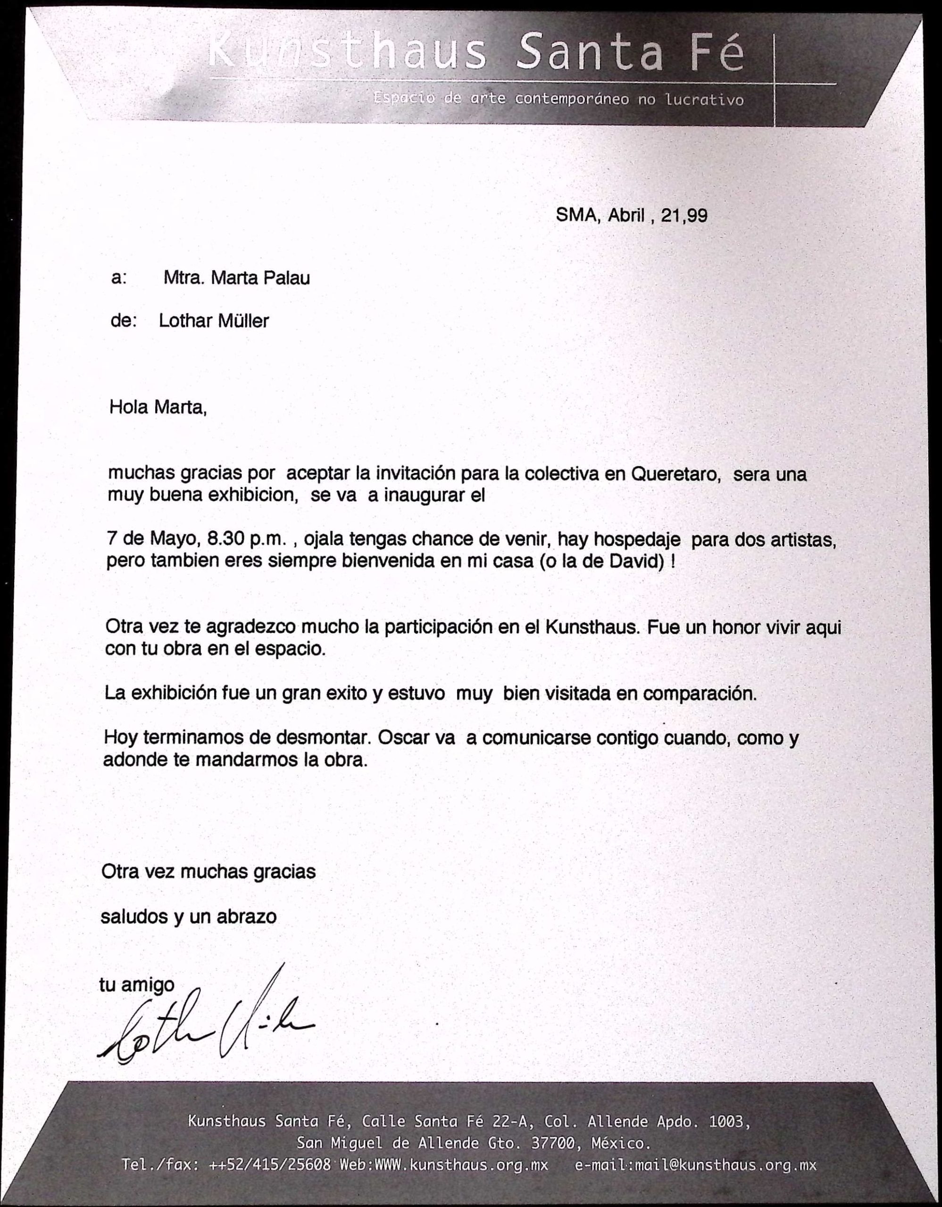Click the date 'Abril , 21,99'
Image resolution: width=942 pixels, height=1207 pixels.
point(657,215)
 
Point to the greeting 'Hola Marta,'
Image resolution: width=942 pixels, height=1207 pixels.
point(158,407)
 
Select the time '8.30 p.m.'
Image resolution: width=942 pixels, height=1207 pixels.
point(247,538)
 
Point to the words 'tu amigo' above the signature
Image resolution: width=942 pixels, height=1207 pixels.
point(136,984)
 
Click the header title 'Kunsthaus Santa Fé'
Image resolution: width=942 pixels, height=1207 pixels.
point(476,53)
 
